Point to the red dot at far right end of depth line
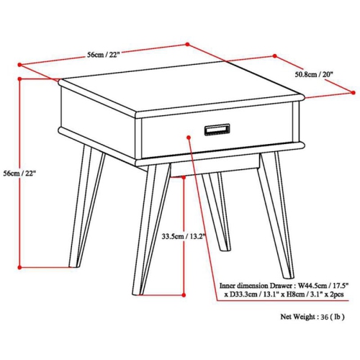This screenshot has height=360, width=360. tap(354, 92)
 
